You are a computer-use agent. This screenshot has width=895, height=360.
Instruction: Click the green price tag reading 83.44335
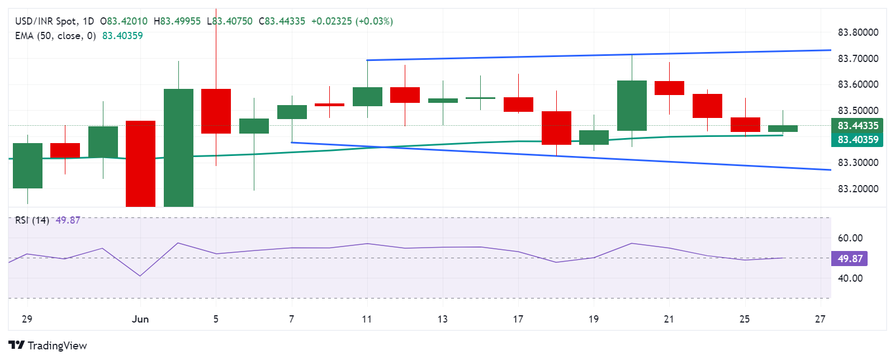(857, 126)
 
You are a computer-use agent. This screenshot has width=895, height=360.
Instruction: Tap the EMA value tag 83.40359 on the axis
(857, 140)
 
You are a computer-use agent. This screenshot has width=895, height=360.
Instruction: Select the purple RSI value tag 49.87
(850, 259)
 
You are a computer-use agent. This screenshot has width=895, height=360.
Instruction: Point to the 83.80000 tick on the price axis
(858, 32)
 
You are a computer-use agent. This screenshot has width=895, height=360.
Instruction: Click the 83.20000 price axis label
(858, 189)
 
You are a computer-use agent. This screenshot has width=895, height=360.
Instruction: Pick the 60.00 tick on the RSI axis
(850, 238)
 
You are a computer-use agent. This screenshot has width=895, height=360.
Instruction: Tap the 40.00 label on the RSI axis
(850, 278)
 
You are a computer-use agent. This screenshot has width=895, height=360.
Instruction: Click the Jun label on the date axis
(140, 319)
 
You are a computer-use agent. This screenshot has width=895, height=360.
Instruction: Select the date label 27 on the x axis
(820, 319)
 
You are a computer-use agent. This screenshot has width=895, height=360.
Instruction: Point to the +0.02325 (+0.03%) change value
(352, 21)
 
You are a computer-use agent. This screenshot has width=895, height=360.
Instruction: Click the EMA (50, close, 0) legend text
(55, 36)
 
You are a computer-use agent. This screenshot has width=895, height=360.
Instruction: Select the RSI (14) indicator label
(32, 220)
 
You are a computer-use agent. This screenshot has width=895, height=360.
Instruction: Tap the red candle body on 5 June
(216, 111)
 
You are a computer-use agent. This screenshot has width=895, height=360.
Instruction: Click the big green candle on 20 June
(632, 106)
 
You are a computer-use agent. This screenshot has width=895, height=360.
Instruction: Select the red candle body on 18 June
(556, 128)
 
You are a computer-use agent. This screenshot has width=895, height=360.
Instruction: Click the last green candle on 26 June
(783, 129)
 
